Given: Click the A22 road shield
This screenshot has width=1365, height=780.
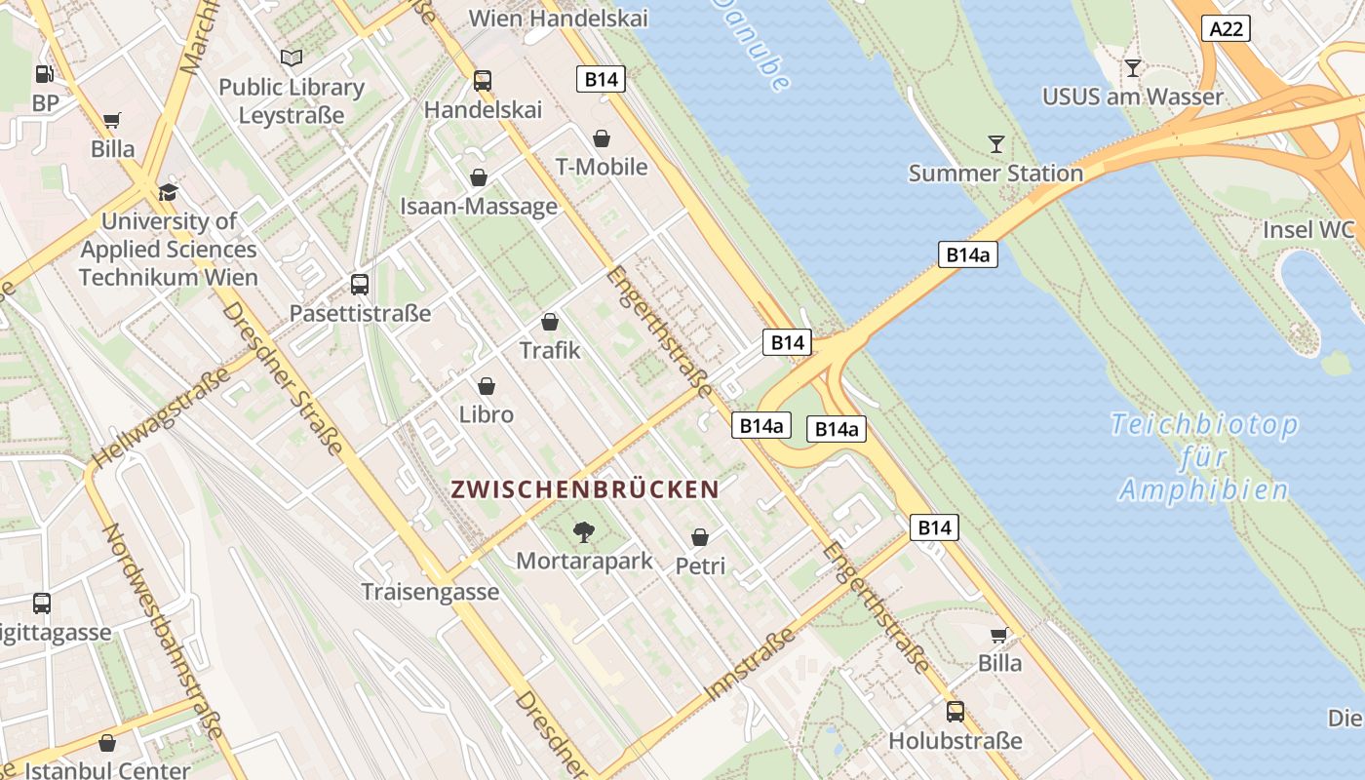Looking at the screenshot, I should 1226,29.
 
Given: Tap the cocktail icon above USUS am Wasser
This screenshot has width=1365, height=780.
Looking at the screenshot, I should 1132,68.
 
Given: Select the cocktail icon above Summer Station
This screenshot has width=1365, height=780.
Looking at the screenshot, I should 995,144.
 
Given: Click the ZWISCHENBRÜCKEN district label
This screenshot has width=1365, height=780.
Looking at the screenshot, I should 585,489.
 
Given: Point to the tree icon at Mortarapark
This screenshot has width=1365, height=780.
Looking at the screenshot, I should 583,532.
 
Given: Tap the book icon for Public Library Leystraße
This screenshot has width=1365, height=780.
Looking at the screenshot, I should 291,58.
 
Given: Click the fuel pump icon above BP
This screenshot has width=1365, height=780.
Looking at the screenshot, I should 44,73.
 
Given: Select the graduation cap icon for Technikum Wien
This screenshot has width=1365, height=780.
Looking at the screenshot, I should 168,192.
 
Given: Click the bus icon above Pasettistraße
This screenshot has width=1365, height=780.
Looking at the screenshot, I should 359,285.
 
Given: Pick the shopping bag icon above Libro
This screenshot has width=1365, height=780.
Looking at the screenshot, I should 486,386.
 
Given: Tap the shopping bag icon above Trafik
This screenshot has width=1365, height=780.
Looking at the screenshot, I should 550,322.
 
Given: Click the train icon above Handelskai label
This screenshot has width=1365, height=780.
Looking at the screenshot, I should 482,81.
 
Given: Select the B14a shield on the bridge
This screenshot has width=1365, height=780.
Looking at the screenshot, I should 968,254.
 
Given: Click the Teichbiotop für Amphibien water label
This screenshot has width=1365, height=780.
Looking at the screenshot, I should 1204,456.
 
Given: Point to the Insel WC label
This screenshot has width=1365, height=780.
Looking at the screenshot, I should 1308,230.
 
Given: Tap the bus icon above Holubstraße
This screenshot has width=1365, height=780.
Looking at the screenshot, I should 955,712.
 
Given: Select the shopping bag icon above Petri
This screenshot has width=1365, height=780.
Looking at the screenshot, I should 699,537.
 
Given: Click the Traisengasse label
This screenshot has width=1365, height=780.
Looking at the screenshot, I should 430,592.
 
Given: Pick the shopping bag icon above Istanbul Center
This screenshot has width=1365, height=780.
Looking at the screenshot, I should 107,743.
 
